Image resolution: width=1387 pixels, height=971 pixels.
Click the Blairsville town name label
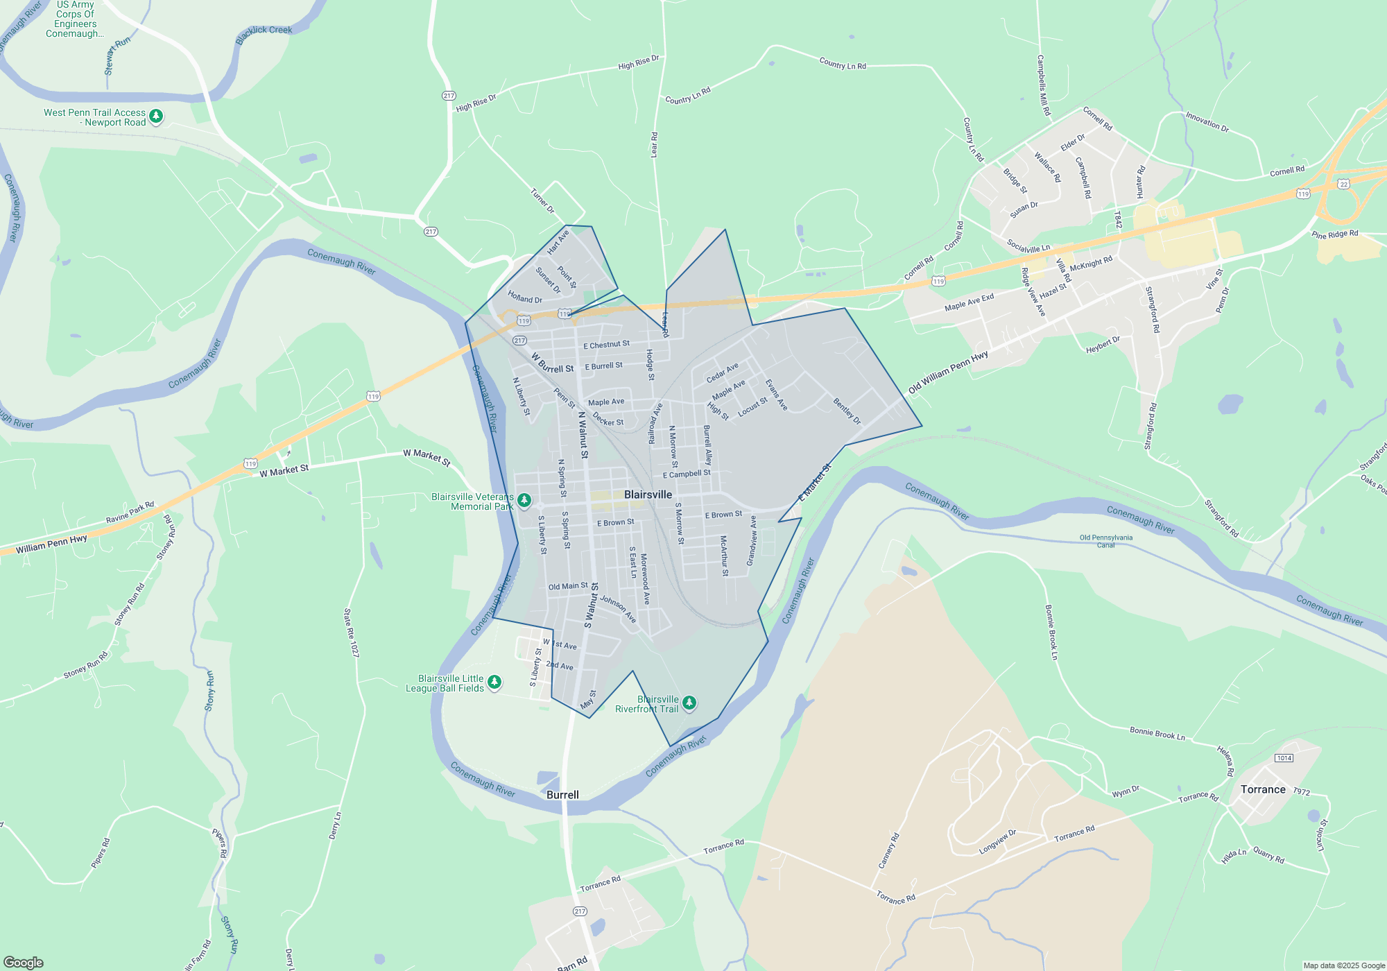(648, 495)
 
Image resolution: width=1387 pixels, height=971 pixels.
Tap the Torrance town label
(1263, 789)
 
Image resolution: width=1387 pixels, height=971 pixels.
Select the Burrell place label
(562, 795)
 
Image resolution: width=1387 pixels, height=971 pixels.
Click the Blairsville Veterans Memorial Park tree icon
(524, 499)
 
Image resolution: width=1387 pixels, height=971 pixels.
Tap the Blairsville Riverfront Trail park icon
(689, 703)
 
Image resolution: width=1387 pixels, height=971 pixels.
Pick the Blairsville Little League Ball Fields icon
(494, 682)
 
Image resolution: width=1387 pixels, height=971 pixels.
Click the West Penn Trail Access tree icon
(156, 116)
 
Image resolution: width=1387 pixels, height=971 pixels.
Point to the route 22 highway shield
(1344, 184)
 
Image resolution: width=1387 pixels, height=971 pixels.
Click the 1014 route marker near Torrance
(1284, 758)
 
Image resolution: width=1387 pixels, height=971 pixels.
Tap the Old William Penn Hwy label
(948, 373)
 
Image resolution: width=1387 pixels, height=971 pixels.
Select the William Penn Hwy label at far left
(51, 544)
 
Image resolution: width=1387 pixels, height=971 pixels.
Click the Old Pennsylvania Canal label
(1105, 541)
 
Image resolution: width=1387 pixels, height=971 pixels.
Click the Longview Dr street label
(997, 842)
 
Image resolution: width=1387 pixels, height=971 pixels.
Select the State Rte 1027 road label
(351, 633)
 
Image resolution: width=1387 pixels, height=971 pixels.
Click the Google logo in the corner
(24, 963)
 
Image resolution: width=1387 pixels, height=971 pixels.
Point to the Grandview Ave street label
(751, 541)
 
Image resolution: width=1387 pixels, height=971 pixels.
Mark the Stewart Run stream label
(117, 56)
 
